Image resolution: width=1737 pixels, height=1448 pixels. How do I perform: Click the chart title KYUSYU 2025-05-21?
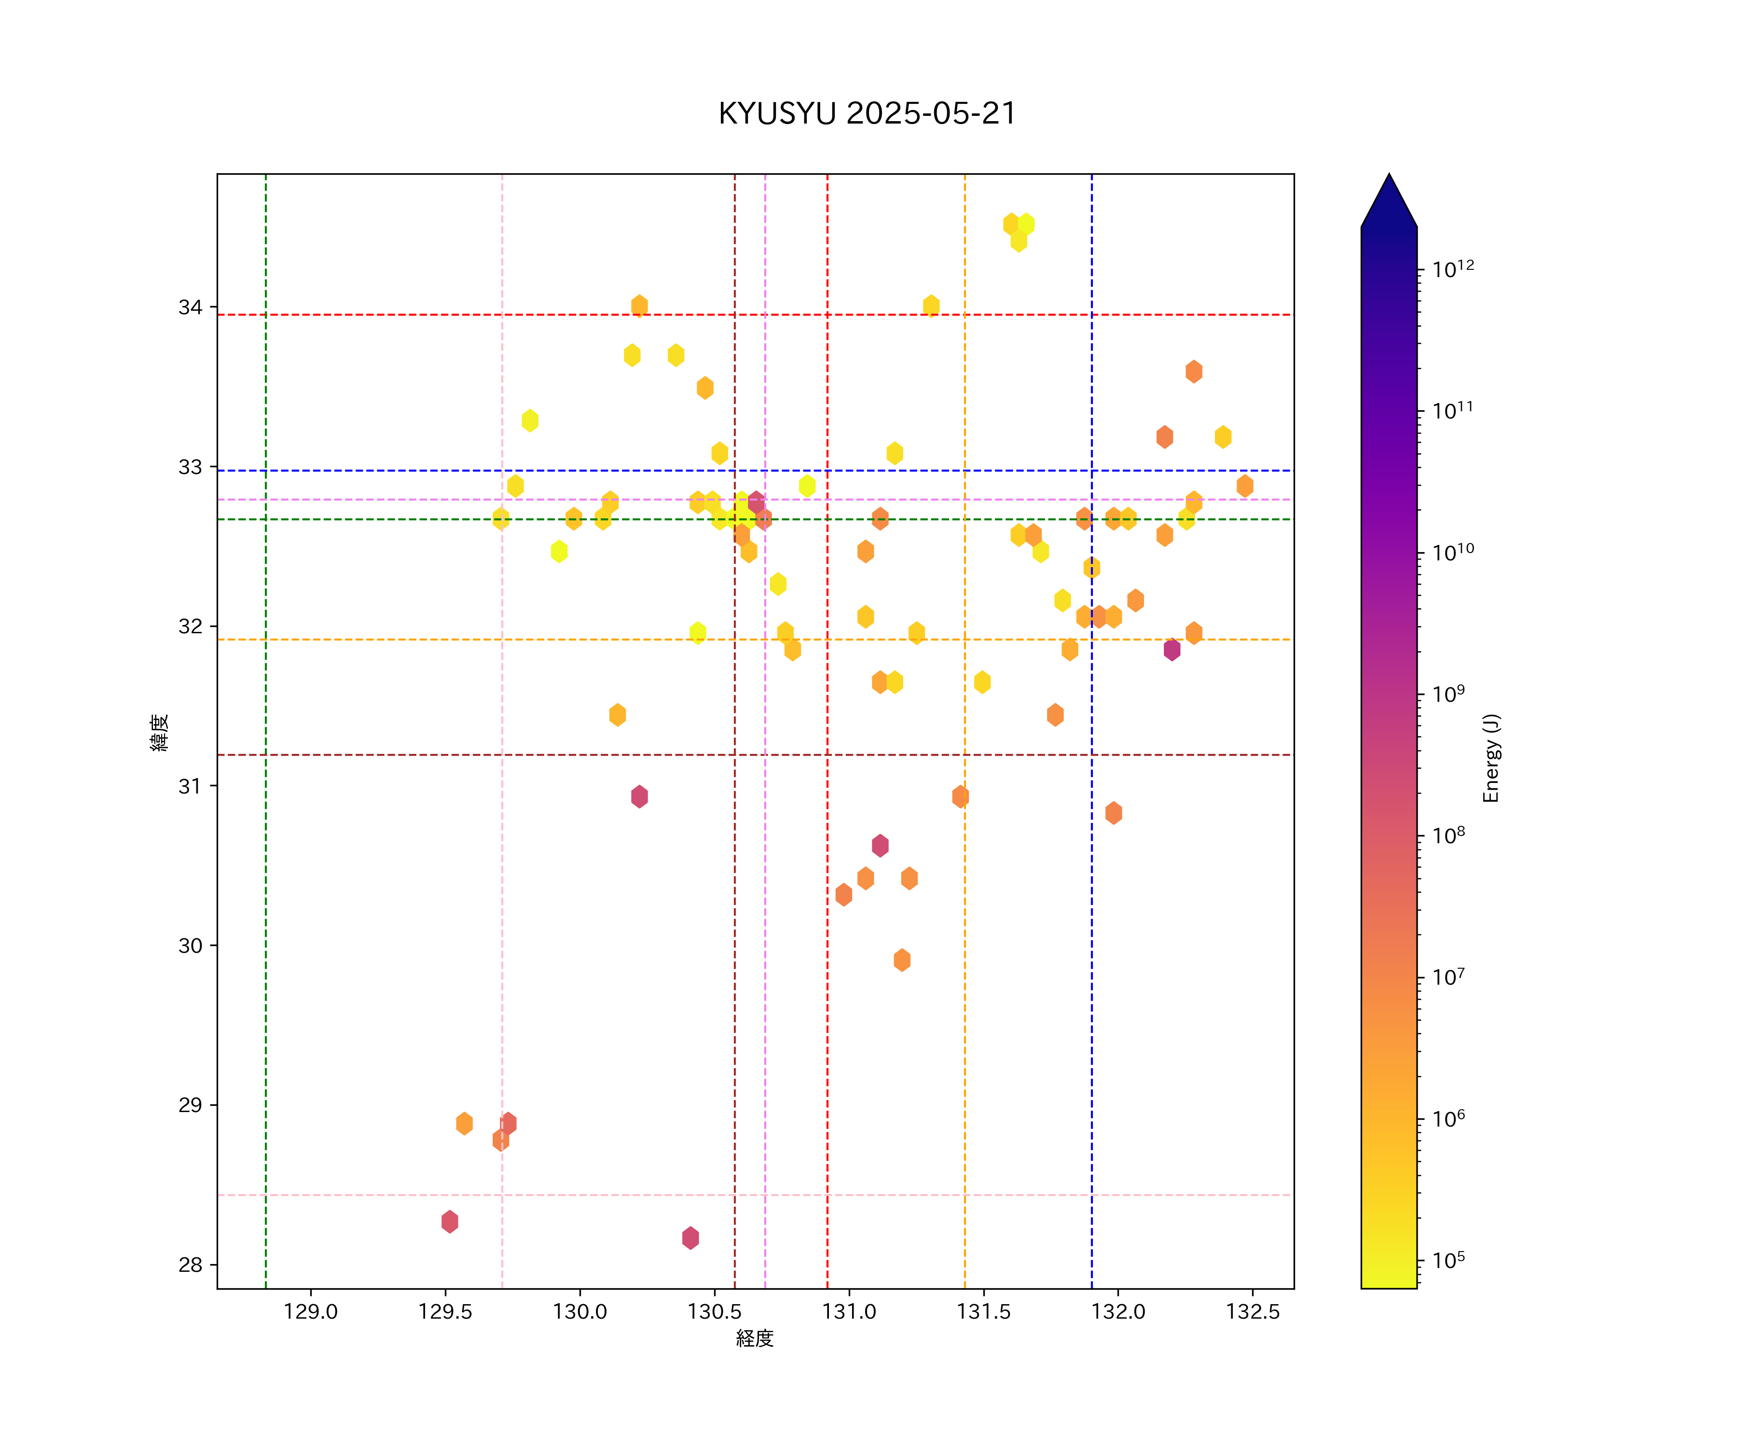coord(867,113)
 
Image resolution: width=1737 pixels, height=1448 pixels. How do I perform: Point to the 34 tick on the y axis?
coord(190,308)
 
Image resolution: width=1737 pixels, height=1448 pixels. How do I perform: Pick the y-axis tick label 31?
coord(190,786)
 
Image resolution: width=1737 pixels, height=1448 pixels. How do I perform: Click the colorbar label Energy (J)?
coord(1490,757)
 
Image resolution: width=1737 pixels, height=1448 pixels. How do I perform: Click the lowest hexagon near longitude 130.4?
coord(690,1238)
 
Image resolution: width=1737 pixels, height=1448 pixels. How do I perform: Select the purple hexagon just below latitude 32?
coord(1172,650)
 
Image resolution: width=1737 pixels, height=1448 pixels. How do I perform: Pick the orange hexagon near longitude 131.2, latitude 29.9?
coord(902,960)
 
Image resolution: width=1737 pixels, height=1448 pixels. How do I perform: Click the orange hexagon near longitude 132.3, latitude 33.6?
coord(1194,372)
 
